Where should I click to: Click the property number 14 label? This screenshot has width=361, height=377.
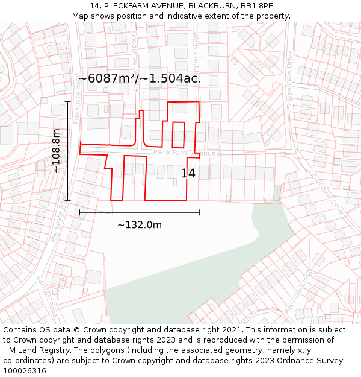click(x=188, y=174)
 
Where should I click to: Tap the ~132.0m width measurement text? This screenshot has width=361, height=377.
click(x=139, y=225)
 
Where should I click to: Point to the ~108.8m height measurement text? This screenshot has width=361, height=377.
click(x=56, y=151)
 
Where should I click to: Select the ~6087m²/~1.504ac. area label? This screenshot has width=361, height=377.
click(x=139, y=78)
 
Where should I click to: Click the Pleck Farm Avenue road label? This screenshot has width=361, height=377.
click(x=184, y=153)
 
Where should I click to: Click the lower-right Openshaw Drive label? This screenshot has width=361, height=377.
click(x=326, y=192)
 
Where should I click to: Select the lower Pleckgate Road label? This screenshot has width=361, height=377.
click(x=58, y=217)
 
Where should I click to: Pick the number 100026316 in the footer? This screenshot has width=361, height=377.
click(x=25, y=370)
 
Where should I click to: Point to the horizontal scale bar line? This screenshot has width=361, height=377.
click(x=139, y=212)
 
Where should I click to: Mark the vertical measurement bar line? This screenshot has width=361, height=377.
click(x=68, y=151)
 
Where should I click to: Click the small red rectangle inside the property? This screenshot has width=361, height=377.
click(x=179, y=135)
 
